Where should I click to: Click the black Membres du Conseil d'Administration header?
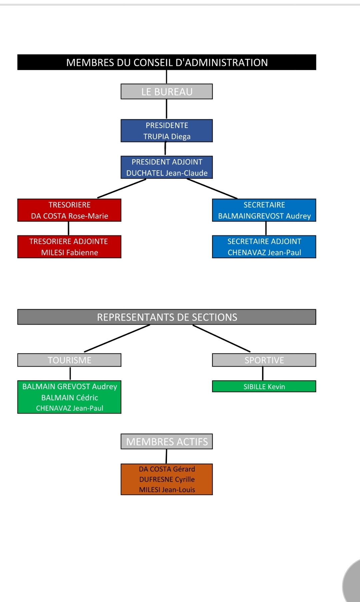tap(167, 62)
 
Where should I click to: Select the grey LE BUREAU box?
tap(167, 92)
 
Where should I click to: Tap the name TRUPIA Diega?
tap(167, 137)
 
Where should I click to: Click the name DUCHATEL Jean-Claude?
tap(167, 173)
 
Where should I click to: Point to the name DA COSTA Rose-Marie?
tap(69, 216)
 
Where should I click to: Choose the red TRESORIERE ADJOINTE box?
tap(69, 247)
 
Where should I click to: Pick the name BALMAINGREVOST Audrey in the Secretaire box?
tap(264, 216)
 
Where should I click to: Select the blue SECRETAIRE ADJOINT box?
tap(264, 247)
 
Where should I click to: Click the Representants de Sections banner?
tap(167, 317)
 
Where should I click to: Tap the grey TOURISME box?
tap(69, 360)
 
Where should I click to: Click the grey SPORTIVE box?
tap(264, 360)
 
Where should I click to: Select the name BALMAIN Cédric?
tap(69, 397)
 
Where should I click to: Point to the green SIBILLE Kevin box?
tap(264, 386)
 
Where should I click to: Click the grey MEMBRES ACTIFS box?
tap(167, 441)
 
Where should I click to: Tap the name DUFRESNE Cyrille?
tap(167, 479)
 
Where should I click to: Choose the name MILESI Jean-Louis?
tap(167, 490)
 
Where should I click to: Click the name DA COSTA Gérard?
tap(167, 469)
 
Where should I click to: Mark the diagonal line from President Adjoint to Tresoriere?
tap(122, 189)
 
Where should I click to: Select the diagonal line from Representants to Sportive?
tap(221, 338)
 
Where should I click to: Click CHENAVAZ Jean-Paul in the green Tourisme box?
tap(69, 408)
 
